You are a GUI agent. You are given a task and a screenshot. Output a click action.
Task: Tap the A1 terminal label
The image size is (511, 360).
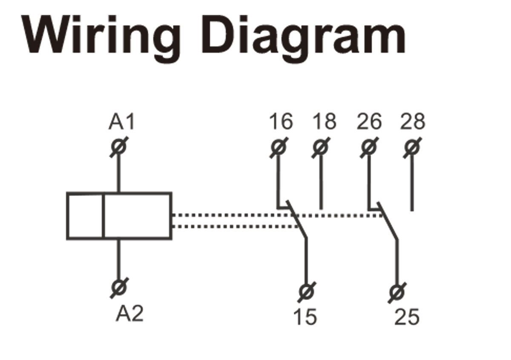coord(121,122)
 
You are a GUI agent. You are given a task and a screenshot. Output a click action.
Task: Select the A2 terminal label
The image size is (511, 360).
coord(129,314)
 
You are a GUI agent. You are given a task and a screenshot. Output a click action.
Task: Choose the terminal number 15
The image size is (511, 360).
coord(305,317)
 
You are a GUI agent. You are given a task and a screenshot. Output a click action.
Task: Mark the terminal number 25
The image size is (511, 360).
coord(407,317)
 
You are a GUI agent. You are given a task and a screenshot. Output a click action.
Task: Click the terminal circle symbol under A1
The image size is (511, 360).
coord(119,147)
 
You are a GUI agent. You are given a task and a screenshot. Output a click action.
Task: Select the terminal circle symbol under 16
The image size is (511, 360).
coord(278,147)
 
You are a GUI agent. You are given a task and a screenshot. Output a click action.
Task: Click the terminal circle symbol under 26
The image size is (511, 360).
coord(369,147)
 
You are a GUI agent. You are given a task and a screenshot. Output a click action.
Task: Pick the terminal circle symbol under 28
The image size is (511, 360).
coord(412,147)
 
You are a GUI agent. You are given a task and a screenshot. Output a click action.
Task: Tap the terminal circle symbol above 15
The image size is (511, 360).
coord(305,292)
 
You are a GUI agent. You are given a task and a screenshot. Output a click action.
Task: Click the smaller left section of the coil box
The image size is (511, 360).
coord(85,216)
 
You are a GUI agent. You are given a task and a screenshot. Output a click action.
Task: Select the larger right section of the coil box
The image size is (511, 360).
coord(138,216)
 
